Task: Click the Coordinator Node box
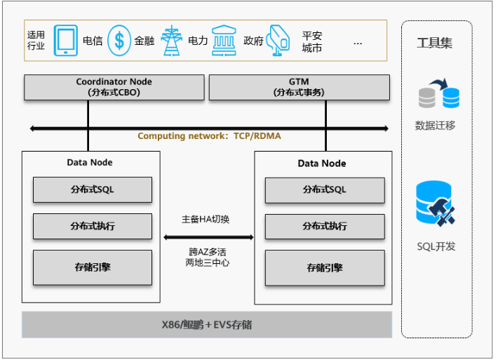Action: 114,87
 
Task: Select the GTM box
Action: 299,87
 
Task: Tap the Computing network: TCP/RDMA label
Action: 209,136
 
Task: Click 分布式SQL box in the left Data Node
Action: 92,189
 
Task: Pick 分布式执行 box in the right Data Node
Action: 324,226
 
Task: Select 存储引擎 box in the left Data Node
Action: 92,267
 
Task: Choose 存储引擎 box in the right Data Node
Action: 324,267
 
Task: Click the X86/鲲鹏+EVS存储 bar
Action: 207,325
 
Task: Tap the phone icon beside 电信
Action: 66,41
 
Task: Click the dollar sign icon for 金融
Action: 119,41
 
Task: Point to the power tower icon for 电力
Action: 171,41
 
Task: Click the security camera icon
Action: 278,41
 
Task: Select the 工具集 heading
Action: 435,44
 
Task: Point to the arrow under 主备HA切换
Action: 208,237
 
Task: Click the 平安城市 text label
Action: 312,41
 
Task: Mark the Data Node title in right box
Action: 322,164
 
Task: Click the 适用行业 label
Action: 36,41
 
